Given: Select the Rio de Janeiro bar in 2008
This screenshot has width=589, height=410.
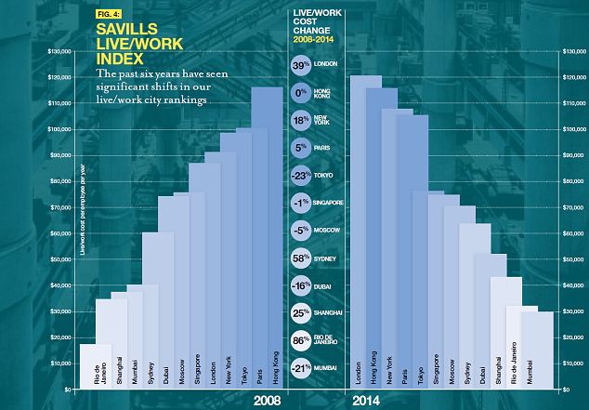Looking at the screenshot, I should pyautogui.click(x=96, y=367).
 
